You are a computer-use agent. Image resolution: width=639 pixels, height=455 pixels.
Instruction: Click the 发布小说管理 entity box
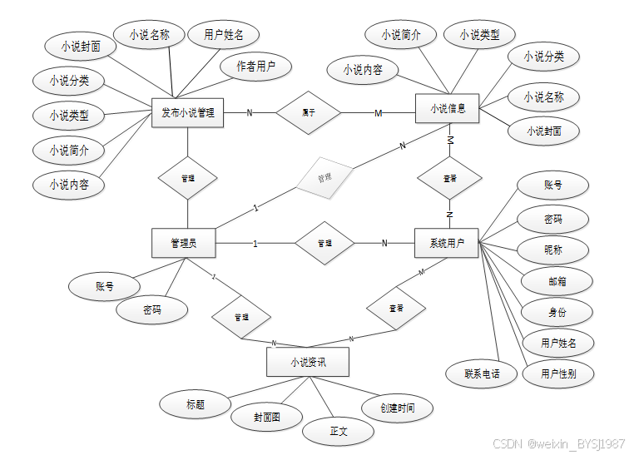188,113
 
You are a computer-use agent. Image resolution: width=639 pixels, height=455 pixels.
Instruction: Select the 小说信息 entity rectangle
448,109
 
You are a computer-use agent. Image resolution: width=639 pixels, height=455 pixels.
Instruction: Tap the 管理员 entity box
183,243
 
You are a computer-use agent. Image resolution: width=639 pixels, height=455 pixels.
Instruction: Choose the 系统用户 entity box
448,243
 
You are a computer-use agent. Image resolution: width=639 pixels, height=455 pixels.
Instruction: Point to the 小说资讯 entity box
307,363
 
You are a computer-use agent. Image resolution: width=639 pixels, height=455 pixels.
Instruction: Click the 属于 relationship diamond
309,111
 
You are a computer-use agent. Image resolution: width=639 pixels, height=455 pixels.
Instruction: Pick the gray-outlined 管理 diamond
324,178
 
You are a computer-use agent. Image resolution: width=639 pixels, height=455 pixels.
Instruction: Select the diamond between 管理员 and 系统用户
324,243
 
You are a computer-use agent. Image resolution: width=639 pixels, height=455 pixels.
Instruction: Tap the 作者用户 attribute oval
255,67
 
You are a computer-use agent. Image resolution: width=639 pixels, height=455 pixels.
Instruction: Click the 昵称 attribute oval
552,250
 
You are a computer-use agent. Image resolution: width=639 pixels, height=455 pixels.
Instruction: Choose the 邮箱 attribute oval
557,281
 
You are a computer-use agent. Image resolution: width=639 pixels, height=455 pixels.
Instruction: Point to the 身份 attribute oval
557,312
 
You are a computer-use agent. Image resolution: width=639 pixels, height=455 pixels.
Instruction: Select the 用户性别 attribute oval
557,373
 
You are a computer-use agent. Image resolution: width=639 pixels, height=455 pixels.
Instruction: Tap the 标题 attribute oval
196,404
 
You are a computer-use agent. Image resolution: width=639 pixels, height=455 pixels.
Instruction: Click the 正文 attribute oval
339,431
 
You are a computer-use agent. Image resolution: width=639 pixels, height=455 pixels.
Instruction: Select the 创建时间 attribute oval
398,408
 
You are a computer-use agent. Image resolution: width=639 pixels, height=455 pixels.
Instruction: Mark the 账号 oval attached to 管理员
104,287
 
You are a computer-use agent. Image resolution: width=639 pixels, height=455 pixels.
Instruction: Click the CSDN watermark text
558,443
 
